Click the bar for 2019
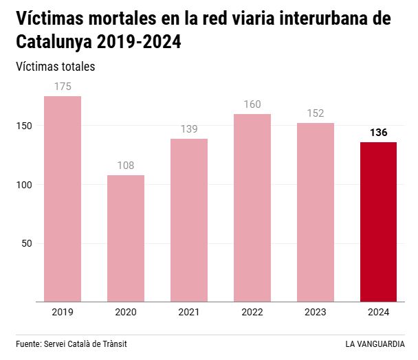[63, 199]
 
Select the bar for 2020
[126, 238]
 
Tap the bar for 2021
[189, 220]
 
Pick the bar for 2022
[252, 207]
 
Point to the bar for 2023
[316, 212]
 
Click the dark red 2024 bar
[379, 222]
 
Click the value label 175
[63, 87]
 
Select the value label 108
[126, 166]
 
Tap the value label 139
[189, 129]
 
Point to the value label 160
[252, 104]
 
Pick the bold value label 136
[379, 133]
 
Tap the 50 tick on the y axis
[28, 243]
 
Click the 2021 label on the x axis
[189, 312]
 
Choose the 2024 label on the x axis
[379, 312]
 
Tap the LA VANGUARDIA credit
[375, 344]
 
